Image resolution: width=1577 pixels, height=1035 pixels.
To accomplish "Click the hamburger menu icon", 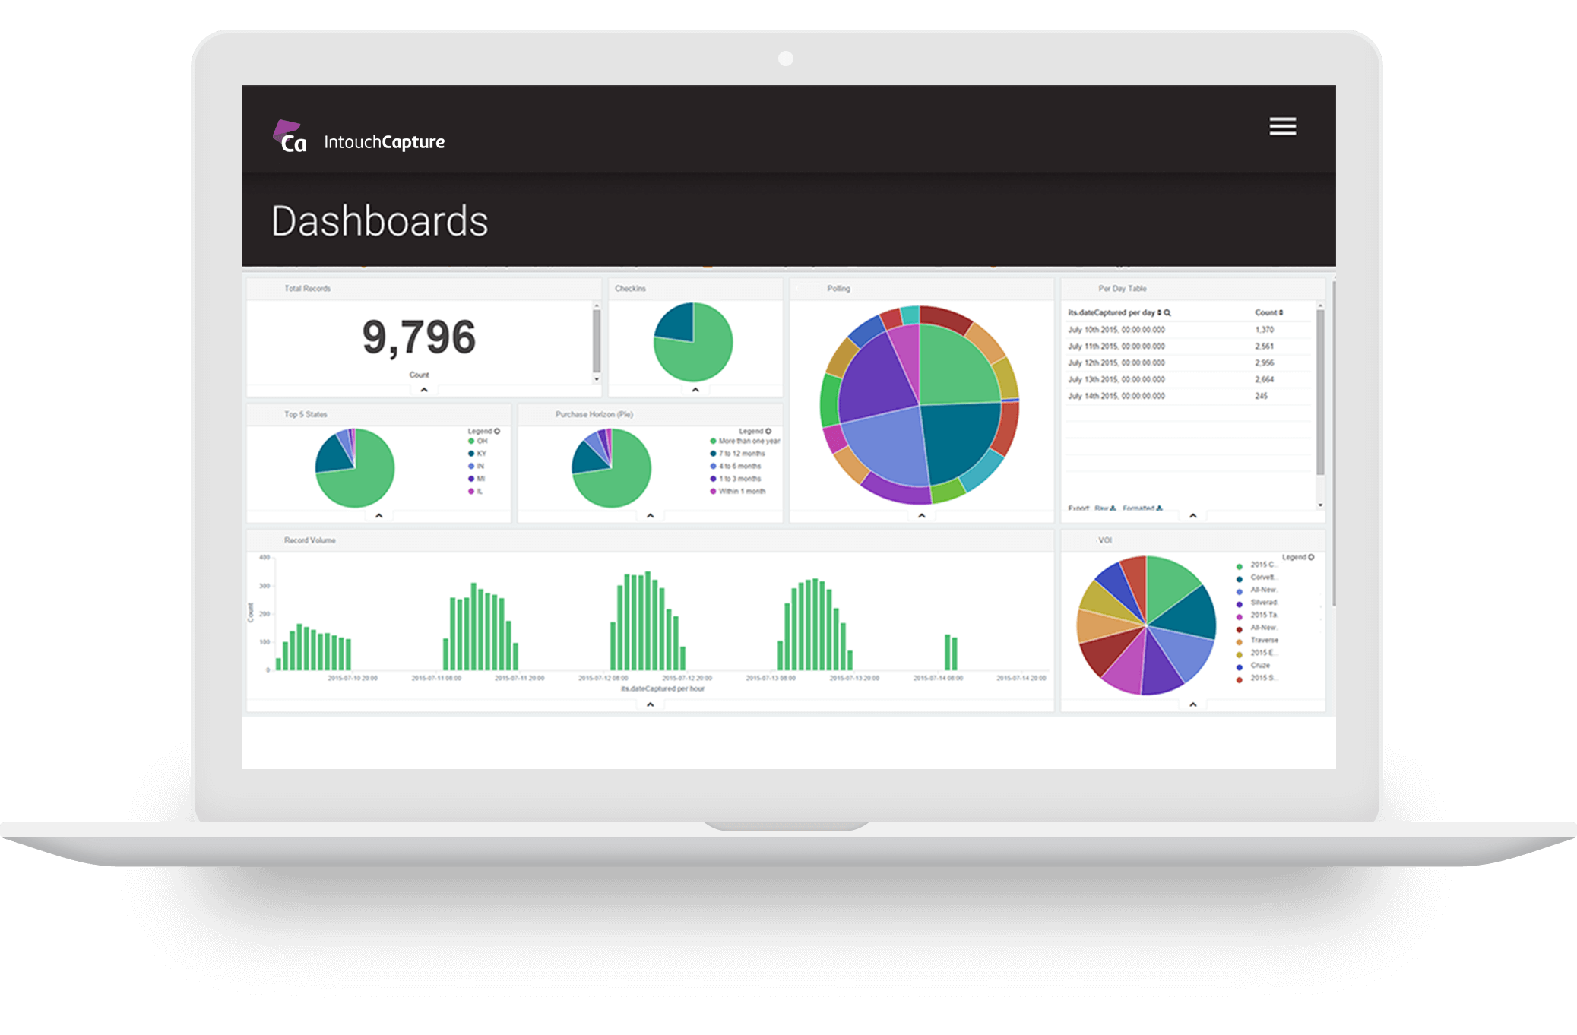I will (1282, 126).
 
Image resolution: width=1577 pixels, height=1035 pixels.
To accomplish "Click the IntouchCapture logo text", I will (384, 142).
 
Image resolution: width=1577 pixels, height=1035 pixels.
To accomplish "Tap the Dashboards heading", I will (379, 221).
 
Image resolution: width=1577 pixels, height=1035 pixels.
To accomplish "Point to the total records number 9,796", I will (419, 337).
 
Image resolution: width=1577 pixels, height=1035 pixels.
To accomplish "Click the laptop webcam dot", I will (786, 59).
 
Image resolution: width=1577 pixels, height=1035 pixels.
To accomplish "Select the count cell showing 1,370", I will (1264, 330).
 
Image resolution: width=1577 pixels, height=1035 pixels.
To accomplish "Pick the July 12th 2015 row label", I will (1116, 363).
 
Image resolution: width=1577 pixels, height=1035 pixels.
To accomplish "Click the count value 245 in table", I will (1261, 396).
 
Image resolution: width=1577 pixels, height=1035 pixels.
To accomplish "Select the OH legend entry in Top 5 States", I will (481, 442).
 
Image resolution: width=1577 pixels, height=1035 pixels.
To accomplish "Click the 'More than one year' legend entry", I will (748, 442).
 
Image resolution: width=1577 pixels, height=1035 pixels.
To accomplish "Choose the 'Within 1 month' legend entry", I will (741, 492).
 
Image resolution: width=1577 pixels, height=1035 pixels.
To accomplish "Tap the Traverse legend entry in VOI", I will (1263, 641).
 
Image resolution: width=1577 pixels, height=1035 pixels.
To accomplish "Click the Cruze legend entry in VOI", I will (1259, 666).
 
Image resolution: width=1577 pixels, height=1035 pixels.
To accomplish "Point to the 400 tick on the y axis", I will (264, 558).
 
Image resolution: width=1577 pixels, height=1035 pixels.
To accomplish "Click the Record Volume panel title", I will (309, 540).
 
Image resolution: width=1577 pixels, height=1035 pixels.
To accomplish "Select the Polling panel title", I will (838, 289).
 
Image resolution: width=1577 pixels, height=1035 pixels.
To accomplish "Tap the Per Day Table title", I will (1122, 289).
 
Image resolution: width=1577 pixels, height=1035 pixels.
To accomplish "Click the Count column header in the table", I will (1267, 313).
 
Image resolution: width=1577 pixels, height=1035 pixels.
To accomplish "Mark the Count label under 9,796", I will (419, 375).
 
